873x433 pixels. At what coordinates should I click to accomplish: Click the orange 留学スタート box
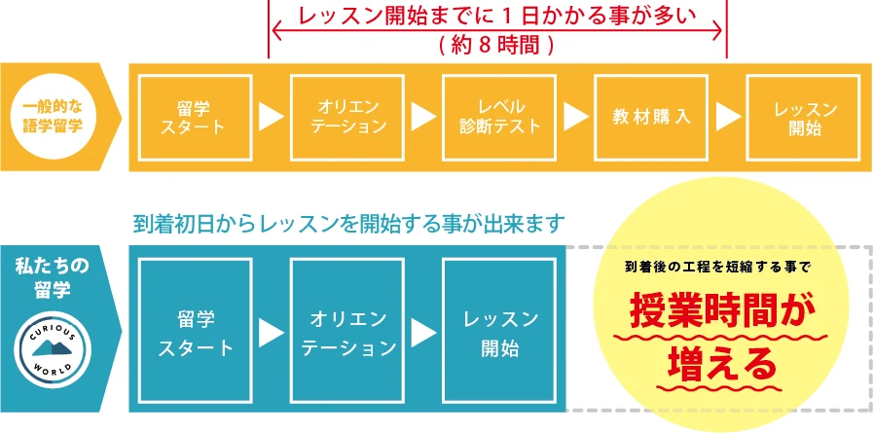coord(196,118)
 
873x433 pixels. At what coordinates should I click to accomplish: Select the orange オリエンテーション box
coord(347,118)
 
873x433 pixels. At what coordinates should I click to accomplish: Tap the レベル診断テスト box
coord(499,118)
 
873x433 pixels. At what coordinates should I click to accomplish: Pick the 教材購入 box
coord(651,118)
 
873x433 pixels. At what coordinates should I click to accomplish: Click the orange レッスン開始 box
coord(803,118)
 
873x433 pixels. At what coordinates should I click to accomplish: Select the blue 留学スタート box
coord(196,331)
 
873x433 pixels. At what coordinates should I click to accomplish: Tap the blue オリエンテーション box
coord(347,331)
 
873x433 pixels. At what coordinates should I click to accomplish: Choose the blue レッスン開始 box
coord(499,331)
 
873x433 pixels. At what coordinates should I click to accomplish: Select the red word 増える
coord(721,364)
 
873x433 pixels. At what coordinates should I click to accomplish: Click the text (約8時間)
coord(496,45)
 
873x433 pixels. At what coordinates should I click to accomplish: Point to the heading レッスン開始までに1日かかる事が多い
coord(497,16)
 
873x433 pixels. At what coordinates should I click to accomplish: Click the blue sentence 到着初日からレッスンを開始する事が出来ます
coord(349,224)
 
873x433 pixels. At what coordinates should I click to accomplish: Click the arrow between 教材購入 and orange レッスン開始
coord(728,118)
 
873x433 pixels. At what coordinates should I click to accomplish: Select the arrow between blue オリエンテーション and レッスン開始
coord(423,332)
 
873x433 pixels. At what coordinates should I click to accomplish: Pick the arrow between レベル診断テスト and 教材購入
coord(576,118)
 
